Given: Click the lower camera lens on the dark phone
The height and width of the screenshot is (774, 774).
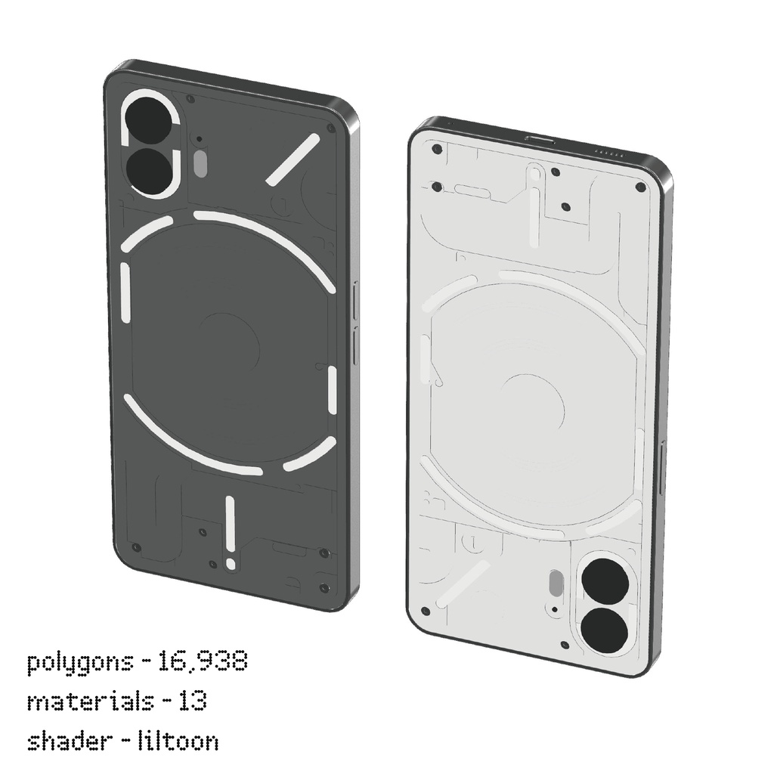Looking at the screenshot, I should click(151, 170).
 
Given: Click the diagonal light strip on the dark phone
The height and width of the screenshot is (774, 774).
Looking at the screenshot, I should click(291, 159).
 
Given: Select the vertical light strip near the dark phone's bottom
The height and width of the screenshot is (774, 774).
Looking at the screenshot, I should click(230, 531).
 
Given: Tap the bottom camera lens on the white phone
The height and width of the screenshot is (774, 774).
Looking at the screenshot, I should click(605, 630).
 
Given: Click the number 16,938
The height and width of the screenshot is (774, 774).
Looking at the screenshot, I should click(203, 663).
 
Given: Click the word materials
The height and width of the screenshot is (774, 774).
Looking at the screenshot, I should click(90, 701).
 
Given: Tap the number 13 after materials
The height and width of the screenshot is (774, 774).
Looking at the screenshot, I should click(193, 701).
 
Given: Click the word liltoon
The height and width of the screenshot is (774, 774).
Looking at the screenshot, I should click(178, 740).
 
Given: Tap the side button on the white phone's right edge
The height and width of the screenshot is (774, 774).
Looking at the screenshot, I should click(663, 469).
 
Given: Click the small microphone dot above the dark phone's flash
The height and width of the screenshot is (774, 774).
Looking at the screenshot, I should click(199, 139).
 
